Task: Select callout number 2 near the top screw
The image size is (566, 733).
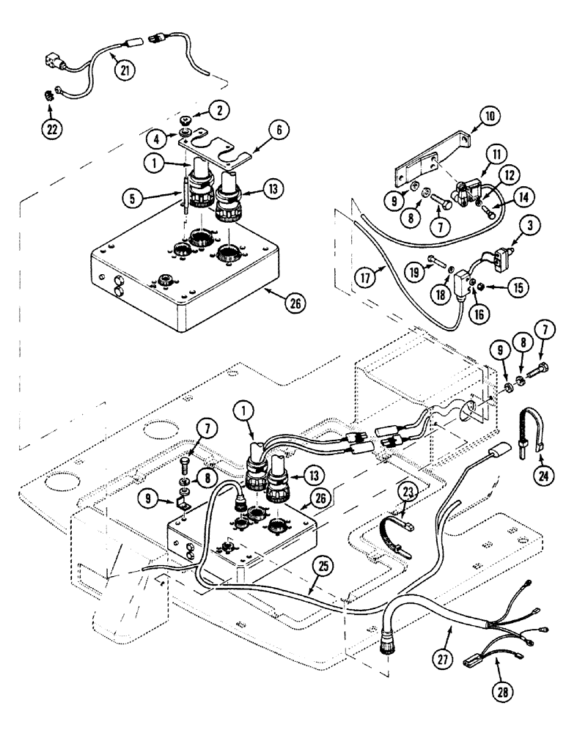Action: (x=218, y=110)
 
